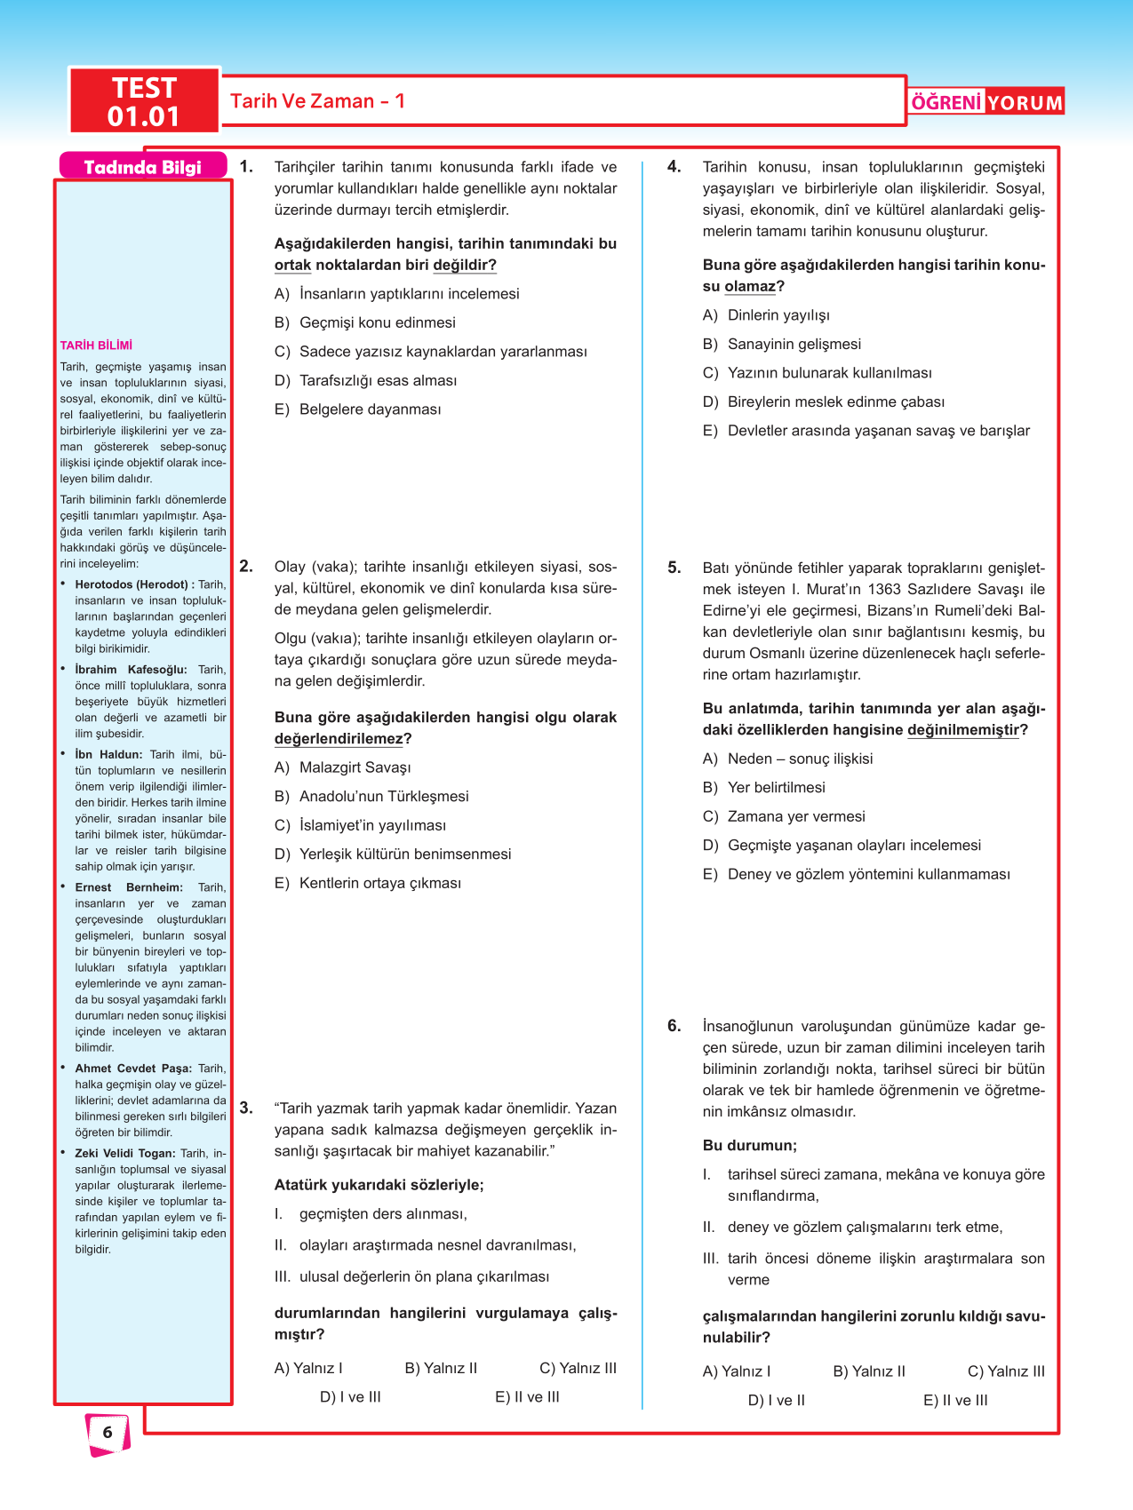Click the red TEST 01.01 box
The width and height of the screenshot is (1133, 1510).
pos(144,101)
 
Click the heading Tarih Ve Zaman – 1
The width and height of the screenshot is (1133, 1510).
pos(317,101)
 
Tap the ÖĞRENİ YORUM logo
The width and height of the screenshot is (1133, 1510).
pos(986,102)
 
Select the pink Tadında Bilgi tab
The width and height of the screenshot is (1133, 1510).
pos(142,167)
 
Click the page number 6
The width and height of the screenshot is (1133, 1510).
pos(108,1432)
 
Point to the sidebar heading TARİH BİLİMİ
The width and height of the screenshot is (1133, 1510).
pos(96,346)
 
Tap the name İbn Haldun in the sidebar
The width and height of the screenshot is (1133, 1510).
pos(108,754)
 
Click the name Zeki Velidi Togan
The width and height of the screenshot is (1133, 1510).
pos(124,1153)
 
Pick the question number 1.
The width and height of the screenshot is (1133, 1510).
pos(246,166)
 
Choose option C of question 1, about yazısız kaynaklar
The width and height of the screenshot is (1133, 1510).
pos(443,352)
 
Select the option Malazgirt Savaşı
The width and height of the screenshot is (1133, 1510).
pos(355,767)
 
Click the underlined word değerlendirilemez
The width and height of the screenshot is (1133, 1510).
pos(339,739)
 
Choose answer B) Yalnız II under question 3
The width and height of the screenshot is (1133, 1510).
pos(441,1368)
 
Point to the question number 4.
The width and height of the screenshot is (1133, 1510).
pos(674,166)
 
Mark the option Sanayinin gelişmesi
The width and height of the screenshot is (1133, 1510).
pos(794,344)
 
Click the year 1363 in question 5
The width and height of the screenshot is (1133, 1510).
pos(884,589)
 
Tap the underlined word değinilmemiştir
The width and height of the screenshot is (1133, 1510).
pos(962,730)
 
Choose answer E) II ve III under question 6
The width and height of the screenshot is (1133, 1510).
pos(955,1400)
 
